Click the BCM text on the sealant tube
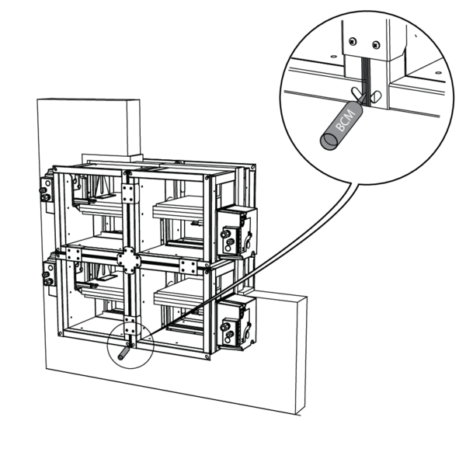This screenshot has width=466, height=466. coord(345,120)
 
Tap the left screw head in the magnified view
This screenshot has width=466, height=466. coord(353,41)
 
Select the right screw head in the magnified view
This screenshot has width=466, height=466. coord(376,45)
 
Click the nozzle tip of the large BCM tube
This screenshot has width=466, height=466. coord(363,96)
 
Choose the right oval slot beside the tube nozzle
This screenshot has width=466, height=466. coord(376,97)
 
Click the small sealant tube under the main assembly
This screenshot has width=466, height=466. coord(123,353)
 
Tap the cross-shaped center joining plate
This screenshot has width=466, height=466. coord(129,260)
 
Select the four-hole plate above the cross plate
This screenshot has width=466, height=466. coord(130,193)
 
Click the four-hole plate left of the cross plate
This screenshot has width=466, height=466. coord(74,255)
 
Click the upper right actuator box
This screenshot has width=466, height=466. coord(237,231)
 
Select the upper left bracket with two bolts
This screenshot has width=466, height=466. coord(47,190)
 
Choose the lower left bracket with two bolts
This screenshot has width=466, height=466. coord(49,274)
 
